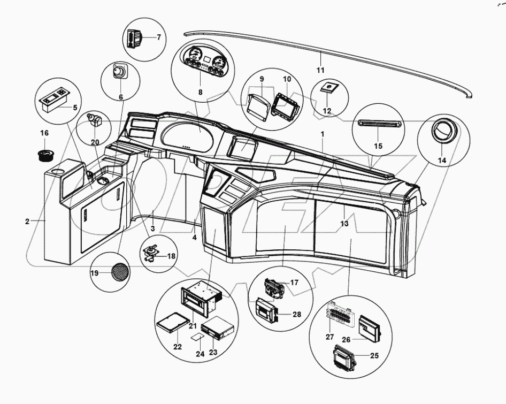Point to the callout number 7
(158, 37)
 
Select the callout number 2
(27, 220)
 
